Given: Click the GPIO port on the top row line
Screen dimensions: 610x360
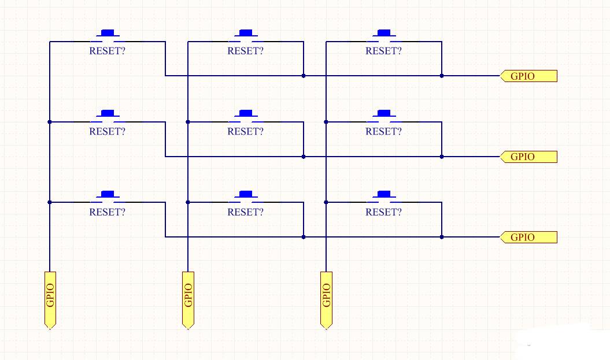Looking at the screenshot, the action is coord(528,76).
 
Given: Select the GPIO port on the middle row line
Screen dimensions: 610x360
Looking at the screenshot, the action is coord(528,157).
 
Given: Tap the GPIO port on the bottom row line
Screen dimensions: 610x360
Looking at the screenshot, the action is coord(528,237).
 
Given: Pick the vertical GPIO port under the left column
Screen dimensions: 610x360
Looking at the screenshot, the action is coord(50,300).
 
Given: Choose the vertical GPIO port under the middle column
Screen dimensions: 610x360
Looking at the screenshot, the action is coord(188,300).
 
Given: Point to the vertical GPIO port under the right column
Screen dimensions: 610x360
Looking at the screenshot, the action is coord(327,300).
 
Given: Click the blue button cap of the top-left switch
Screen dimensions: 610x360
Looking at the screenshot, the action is coord(108,33).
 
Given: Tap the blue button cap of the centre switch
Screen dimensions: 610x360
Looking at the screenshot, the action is coord(246,113).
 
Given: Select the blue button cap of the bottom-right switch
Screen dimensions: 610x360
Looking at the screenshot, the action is coord(384,194).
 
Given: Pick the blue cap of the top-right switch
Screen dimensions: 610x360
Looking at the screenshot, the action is coord(384,33).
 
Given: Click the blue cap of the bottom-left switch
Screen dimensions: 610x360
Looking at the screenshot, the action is coord(108,194).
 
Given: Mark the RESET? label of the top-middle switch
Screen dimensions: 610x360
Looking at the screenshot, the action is coord(246,51).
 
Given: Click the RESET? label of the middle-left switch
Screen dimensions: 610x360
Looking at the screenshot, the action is coord(108,131).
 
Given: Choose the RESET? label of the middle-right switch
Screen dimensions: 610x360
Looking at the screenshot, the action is coord(383,131).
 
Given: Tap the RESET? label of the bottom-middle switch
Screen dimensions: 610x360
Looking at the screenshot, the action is coord(246,212).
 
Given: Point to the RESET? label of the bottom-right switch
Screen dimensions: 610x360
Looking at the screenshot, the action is coord(383,212).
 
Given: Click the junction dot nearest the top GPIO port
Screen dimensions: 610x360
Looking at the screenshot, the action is coord(442,76).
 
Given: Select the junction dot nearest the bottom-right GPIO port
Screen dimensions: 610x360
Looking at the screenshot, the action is coord(442,237).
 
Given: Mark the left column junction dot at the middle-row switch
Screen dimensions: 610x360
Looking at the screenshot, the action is coord(49,122).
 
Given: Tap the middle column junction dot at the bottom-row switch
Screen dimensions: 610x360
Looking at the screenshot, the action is coord(188,202).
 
